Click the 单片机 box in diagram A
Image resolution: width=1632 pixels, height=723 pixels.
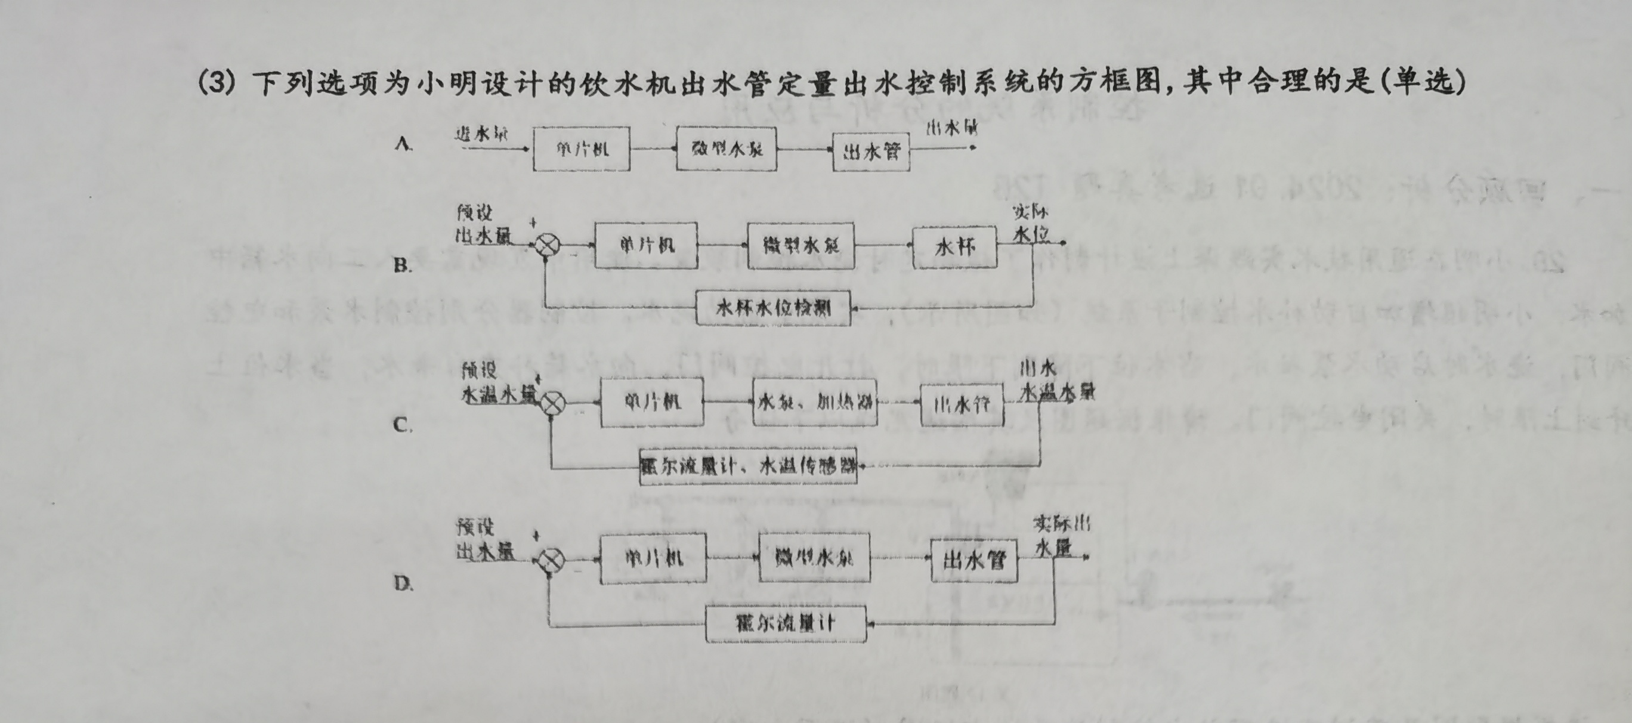coord(582,149)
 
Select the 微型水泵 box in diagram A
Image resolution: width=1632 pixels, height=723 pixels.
coord(727,149)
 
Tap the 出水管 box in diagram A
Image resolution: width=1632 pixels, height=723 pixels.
coord(871,152)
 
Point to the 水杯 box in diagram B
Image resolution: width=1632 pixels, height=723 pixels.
coord(955,246)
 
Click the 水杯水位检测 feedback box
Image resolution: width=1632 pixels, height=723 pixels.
coord(773,308)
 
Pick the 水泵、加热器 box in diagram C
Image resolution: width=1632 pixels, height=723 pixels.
coord(815,401)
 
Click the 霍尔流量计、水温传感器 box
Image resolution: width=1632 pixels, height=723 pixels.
coord(748,466)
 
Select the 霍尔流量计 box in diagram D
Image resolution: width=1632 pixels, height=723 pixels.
coord(786,623)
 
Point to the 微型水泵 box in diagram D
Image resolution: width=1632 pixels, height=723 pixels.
coord(815,558)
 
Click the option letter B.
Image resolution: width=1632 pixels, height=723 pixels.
coord(402,265)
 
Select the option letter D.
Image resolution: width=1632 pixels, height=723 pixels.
coord(404,583)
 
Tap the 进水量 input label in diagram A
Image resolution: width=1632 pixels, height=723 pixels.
coord(482,134)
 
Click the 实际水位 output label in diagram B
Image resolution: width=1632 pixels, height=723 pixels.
coord(1031,224)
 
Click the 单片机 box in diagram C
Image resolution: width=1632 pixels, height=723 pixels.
coord(652,401)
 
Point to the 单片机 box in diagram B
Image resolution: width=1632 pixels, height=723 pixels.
coord(646,245)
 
